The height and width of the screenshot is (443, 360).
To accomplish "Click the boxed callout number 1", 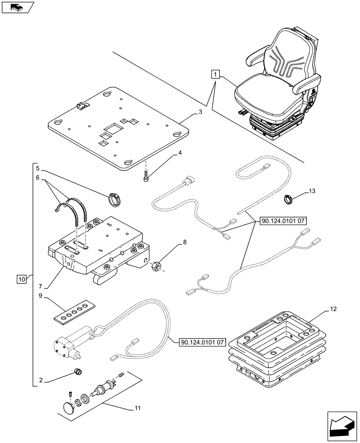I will tap(215, 74).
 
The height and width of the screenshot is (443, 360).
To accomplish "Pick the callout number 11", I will tap(137, 408).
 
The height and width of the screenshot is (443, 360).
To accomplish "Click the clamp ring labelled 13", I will tap(290, 200).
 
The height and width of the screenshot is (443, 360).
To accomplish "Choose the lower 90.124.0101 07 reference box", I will tap(203, 342).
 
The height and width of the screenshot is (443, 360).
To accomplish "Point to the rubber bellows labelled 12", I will tap(274, 350).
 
